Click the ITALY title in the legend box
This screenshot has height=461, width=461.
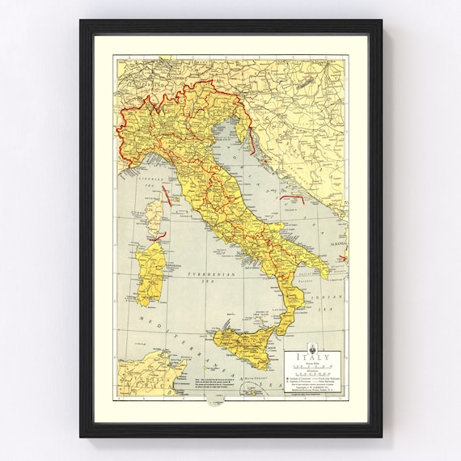coord(315,357)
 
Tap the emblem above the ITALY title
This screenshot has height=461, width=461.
coord(315,349)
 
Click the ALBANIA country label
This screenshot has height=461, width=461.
coord(336,243)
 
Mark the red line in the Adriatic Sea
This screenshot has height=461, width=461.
coord(292,197)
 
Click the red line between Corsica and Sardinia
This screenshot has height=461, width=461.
coord(157,237)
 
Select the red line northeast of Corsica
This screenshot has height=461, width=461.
coord(167,193)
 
